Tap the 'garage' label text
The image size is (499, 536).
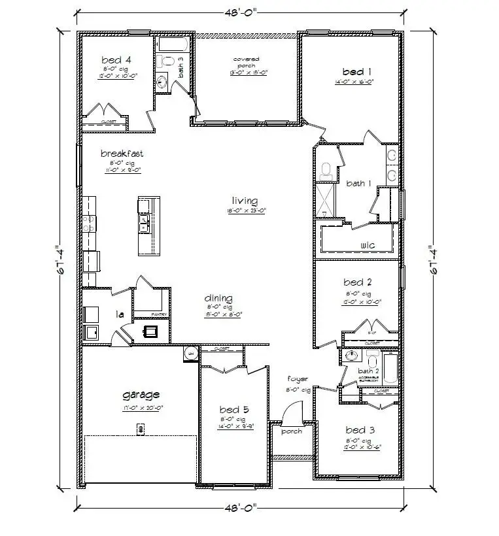[141, 395]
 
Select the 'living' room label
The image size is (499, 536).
[245, 201]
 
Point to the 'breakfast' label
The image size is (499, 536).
[122, 154]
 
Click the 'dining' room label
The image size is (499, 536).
[218, 298]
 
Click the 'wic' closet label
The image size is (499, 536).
[367, 245]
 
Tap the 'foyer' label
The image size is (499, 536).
[298, 379]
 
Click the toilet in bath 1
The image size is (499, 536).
[326, 171]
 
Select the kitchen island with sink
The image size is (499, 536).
[146, 226]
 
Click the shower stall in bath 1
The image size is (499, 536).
[325, 201]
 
